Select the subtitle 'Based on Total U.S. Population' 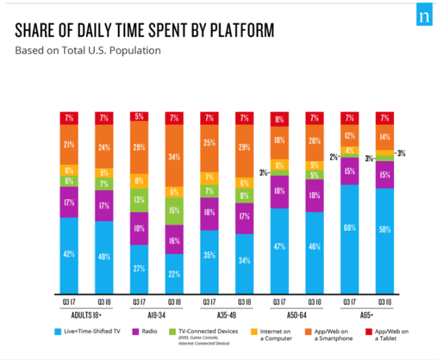87,50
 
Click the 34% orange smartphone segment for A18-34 175,155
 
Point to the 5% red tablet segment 140,117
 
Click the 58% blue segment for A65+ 385,229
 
